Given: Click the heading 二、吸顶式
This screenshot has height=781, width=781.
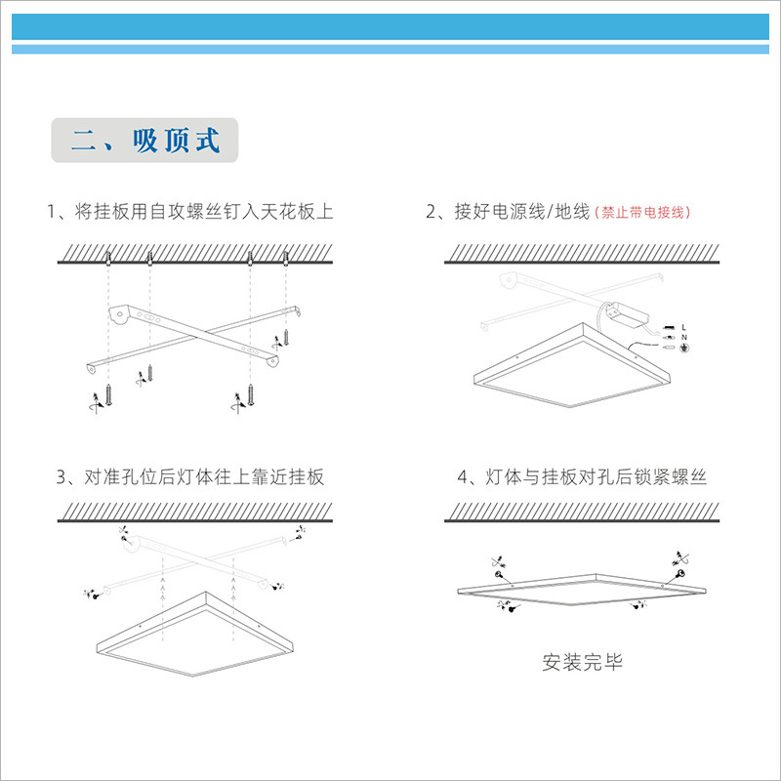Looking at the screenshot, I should tap(144, 141).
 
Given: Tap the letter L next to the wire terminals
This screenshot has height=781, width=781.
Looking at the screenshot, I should tap(684, 326).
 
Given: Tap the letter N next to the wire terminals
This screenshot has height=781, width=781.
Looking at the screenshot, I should tap(684, 337).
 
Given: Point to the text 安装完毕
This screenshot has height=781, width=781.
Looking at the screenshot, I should tap(582, 663).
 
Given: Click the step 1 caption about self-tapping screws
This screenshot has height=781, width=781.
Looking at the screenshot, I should tap(190, 212).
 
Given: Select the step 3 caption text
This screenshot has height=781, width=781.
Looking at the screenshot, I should tap(190, 477).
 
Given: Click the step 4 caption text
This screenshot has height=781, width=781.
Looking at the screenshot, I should tap(582, 477).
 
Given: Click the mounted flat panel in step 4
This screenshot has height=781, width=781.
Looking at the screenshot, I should tap(582, 591).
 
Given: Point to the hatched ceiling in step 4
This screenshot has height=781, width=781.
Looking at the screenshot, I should tap(582, 513).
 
